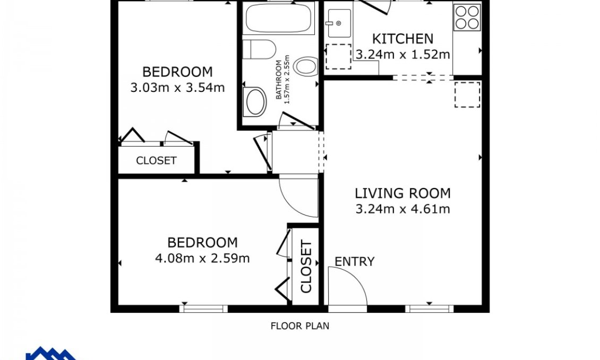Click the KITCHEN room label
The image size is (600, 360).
pyautogui.click(x=402, y=39)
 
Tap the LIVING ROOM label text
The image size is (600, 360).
pyautogui.click(x=402, y=193)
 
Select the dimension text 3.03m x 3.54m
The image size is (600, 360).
pyautogui.click(x=177, y=88)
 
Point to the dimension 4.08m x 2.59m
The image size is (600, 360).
pyautogui.click(x=202, y=258)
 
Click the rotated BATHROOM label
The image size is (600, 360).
pyautogui.click(x=279, y=80)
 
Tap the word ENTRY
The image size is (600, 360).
pyautogui.click(x=355, y=262)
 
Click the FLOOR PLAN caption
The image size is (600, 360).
pyautogui.click(x=300, y=326)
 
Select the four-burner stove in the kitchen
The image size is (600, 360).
pyautogui.click(x=467, y=17)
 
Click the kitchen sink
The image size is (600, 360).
pyautogui.click(x=339, y=23)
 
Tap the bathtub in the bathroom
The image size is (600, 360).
pyautogui.click(x=278, y=18)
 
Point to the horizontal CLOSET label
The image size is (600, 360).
pyautogui.click(x=156, y=160)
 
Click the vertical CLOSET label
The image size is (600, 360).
pyautogui.click(x=306, y=266)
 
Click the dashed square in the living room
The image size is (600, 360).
pyautogui.click(x=467, y=95)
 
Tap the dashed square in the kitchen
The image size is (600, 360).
pyautogui.click(x=338, y=57)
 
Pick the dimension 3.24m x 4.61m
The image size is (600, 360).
pyautogui.click(x=402, y=209)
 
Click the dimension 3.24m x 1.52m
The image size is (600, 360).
pyautogui.click(x=402, y=54)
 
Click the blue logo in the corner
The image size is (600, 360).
pyautogui.click(x=51, y=353)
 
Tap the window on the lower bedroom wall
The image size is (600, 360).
pyautogui.click(x=203, y=308)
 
